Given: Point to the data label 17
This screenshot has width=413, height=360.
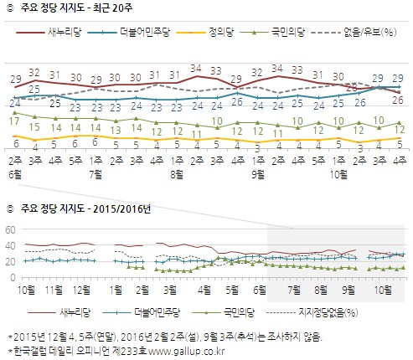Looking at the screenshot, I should point(15,122).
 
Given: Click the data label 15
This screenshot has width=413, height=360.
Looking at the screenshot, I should point(34,127).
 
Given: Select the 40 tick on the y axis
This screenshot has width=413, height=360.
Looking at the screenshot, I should point(11,246).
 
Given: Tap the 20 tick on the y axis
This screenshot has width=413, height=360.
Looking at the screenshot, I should point(11,262).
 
